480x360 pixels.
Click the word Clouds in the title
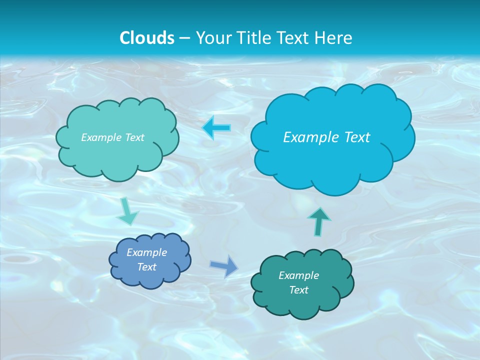click(x=147, y=37)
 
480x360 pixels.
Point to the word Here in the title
click(x=335, y=37)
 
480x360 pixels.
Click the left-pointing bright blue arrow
click(x=217, y=128)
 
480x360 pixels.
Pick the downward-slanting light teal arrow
click(x=127, y=211)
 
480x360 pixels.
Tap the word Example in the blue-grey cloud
click(x=147, y=252)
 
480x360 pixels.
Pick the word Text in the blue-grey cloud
click(x=147, y=267)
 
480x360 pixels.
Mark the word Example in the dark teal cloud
click(x=298, y=275)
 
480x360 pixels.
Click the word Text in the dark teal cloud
click(x=298, y=290)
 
